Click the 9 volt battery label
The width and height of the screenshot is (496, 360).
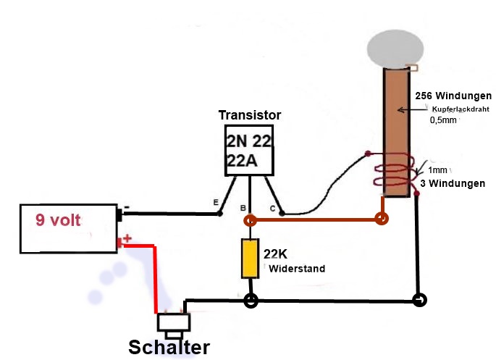click(x=59, y=219)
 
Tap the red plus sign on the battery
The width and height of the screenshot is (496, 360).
click(x=127, y=237)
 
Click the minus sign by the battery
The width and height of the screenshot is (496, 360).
click(x=127, y=207)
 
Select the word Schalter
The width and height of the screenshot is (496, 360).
click(x=169, y=346)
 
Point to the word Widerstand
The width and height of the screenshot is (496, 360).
click(x=297, y=269)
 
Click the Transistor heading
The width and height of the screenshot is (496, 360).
click(x=250, y=115)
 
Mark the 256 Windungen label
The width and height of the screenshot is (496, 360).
click(x=453, y=96)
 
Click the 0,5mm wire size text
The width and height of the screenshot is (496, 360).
click(x=443, y=120)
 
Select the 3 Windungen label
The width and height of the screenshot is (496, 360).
click(x=453, y=183)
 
